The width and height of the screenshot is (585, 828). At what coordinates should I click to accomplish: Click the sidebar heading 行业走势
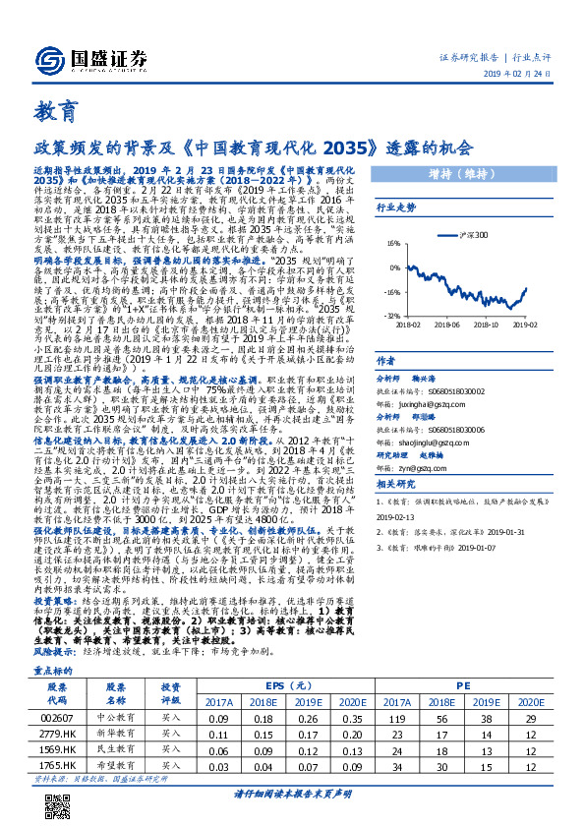coord(397,208)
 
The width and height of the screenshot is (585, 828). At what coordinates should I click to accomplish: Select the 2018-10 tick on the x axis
coord(497,323)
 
